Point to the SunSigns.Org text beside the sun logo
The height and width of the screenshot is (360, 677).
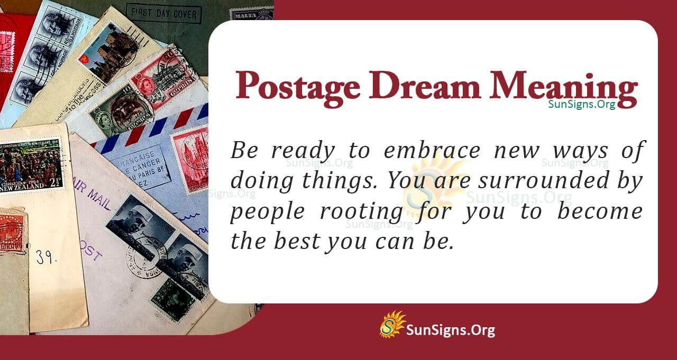tap(450, 330)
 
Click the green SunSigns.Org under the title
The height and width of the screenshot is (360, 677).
tap(581, 104)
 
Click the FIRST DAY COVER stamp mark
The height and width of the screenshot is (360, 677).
tap(164, 14)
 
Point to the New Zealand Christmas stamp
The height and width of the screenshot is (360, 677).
tap(30, 164)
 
